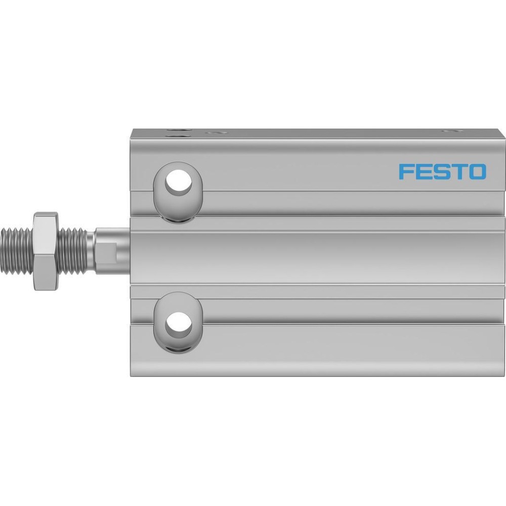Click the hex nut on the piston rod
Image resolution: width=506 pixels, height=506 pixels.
46,251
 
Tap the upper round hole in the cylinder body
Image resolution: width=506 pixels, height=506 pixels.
179,182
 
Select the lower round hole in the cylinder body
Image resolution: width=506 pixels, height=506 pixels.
179,325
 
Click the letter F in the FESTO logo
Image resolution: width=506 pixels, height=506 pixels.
406,172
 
